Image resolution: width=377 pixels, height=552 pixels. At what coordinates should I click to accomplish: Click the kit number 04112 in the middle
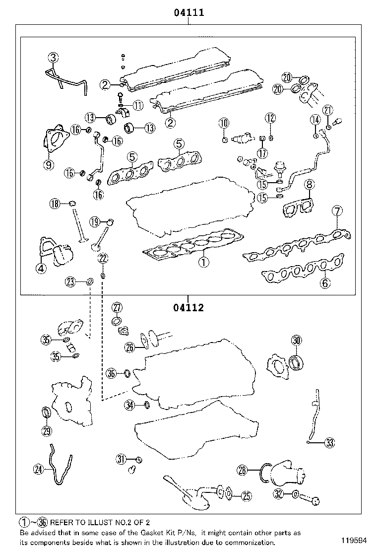pos(188,308)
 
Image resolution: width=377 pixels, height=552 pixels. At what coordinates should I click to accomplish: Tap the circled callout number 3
pos(53,58)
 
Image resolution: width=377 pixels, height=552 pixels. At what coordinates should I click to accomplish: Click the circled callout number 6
pos(325,283)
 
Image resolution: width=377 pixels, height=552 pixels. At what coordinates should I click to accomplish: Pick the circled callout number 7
pos(337,211)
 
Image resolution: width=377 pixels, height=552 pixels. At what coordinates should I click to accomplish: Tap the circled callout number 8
pos(309,185)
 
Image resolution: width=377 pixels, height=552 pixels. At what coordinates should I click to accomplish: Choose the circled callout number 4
pos(40,269)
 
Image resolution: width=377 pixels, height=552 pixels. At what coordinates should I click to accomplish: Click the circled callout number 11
pos(137,105)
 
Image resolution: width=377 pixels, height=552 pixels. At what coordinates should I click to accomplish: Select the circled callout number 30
pos(296,341)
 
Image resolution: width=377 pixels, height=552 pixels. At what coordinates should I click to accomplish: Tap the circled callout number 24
pos(39,468)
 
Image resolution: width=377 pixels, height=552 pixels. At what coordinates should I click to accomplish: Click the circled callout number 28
pos(243,470)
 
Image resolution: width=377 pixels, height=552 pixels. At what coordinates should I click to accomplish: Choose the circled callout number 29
pos(47,431)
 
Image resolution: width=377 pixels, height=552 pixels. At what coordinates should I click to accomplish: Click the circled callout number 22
pos(102,258)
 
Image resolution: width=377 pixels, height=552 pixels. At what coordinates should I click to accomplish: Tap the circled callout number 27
pos(117,307)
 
